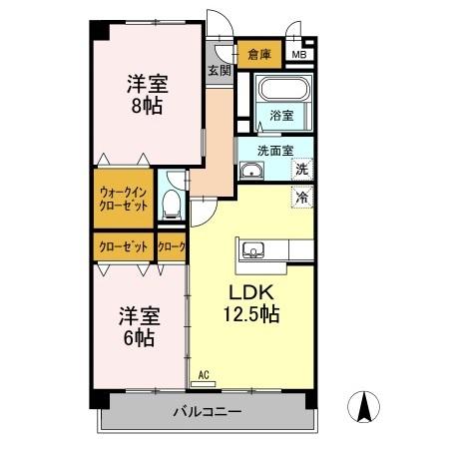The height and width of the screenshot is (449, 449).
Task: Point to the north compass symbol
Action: point(365,407)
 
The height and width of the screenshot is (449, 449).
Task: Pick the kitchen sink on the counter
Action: point(251,249)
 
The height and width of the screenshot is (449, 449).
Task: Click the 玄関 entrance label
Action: point(220,71)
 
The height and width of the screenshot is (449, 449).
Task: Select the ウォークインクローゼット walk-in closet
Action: point(125,198)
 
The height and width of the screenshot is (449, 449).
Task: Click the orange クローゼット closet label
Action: point(124,246)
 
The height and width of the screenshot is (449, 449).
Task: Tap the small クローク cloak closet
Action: point(172,246)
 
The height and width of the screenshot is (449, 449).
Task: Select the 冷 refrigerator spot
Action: point(301,197)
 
